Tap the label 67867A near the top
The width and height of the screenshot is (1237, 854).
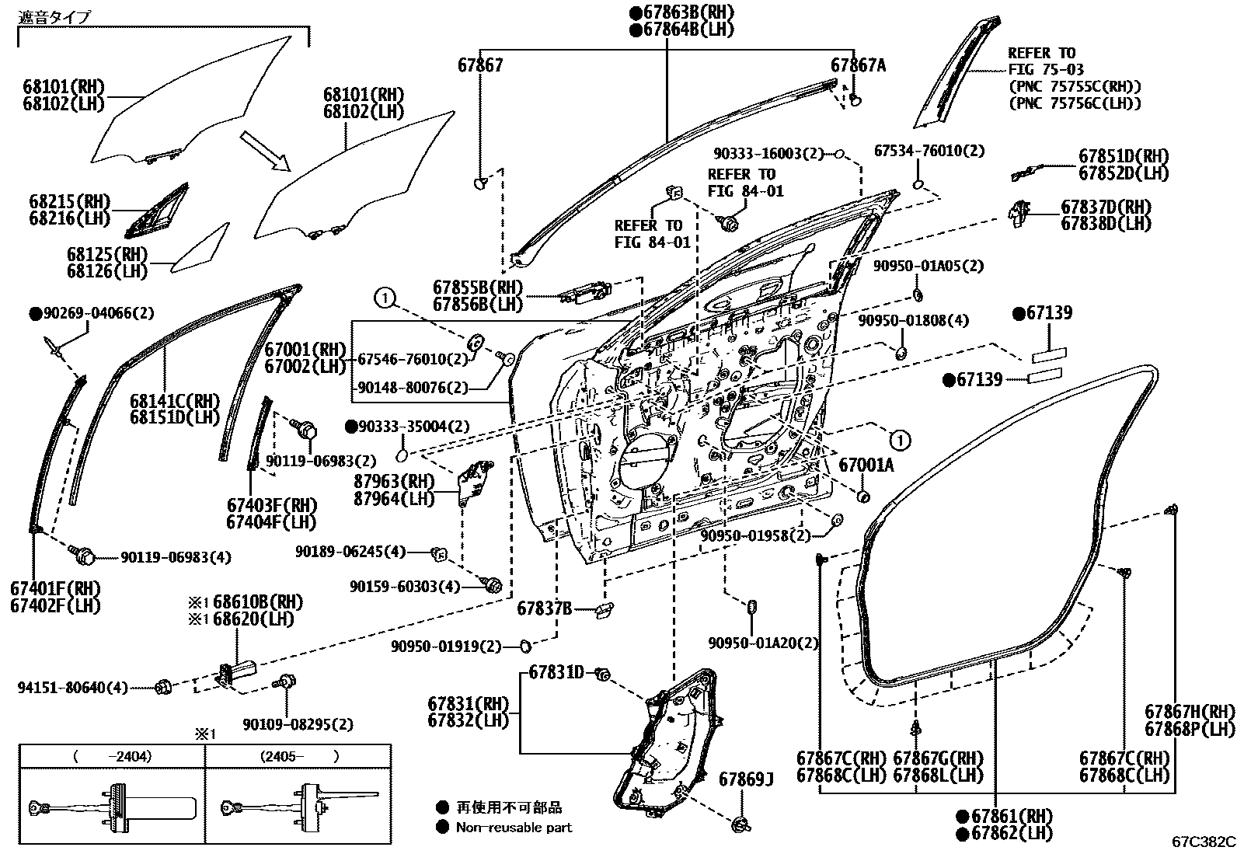(858, 66)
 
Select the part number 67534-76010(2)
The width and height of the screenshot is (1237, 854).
(929, 151)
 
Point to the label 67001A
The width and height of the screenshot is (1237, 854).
(866, 465)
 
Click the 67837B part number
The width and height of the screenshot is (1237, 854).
(545, 608)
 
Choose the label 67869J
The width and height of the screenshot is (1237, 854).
(746, 779)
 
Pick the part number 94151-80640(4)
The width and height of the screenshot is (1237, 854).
(73, 688)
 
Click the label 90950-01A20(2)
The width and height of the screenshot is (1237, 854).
(763, 643)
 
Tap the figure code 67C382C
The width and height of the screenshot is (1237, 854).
(1204, 842)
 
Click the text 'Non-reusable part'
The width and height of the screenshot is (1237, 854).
(514, 827)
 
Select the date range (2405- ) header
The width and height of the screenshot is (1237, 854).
(299, 756)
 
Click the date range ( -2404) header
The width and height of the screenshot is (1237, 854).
(112, 756)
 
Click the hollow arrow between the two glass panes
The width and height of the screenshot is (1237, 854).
(265, 151)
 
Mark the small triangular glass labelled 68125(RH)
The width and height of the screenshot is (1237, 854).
(200, 248)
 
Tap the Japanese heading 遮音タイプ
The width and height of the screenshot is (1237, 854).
(54, 18)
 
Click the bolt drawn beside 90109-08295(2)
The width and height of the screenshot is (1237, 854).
(287, 681)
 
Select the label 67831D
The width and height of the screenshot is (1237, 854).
(556, 672)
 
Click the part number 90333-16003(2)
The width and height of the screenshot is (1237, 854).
(768, 153)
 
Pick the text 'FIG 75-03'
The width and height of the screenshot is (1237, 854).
(1046, 70)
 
